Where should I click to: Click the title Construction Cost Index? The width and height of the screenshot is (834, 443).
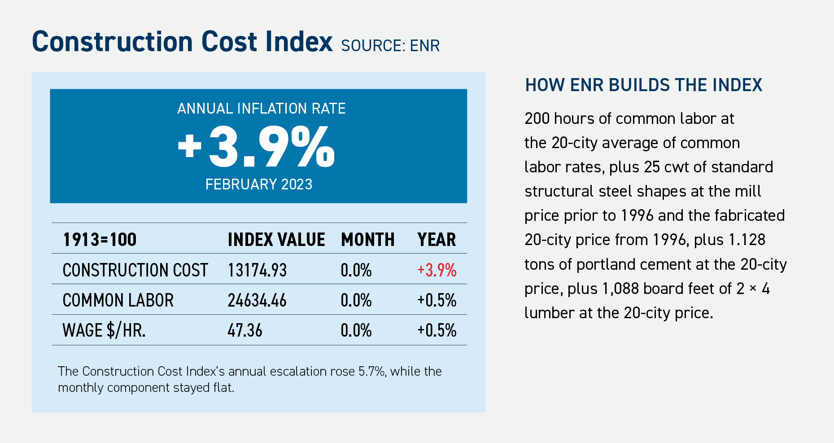[182, 42]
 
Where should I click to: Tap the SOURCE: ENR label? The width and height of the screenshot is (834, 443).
[390, 46]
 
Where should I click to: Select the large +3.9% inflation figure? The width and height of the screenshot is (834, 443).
[256, 147]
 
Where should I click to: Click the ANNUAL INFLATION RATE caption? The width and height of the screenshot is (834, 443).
[261, 109]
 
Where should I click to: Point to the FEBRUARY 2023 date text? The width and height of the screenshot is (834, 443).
[258, 184]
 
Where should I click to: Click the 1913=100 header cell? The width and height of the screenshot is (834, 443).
[100, 240]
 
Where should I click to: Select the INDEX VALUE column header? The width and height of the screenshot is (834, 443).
[276, 240]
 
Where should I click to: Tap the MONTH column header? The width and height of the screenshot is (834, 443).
[367, 240]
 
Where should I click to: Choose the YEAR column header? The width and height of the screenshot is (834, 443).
[436, 240]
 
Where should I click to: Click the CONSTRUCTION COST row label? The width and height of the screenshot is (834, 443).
[135, 270]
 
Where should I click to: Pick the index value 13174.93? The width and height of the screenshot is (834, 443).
[257, 270]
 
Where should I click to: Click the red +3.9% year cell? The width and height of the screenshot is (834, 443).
[437, 270]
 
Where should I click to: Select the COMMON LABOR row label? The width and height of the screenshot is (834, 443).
[118, 300]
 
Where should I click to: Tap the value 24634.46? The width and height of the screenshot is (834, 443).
[257, 300]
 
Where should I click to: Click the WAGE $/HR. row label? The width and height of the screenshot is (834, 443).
[104, 331]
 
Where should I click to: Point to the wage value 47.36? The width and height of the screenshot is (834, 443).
[245, 331]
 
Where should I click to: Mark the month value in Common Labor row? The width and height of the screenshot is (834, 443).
[356, 300]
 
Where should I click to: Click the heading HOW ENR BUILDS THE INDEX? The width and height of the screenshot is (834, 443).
[643, 85]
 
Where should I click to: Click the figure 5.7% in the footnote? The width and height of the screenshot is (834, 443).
[371, 372]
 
